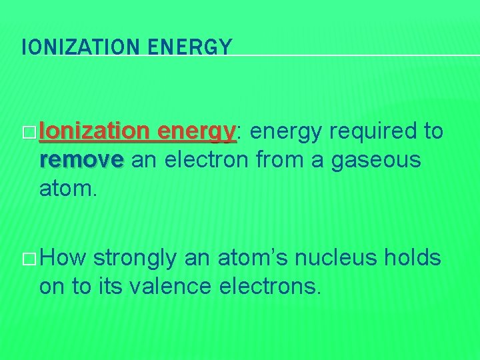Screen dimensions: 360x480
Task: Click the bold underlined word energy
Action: (x=197, y=133)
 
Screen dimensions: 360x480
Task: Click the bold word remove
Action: (x=81, y=161)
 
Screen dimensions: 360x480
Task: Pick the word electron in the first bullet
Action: (x=209, y=161)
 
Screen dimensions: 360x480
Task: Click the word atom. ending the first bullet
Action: (x=68, y=190)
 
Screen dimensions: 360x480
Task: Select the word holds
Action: (x=414, y=257)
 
